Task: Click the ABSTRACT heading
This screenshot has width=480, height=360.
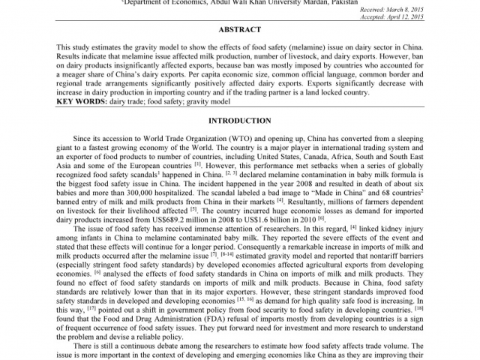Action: (239, 30)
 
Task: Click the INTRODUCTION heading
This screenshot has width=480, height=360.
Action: (239, 121)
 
